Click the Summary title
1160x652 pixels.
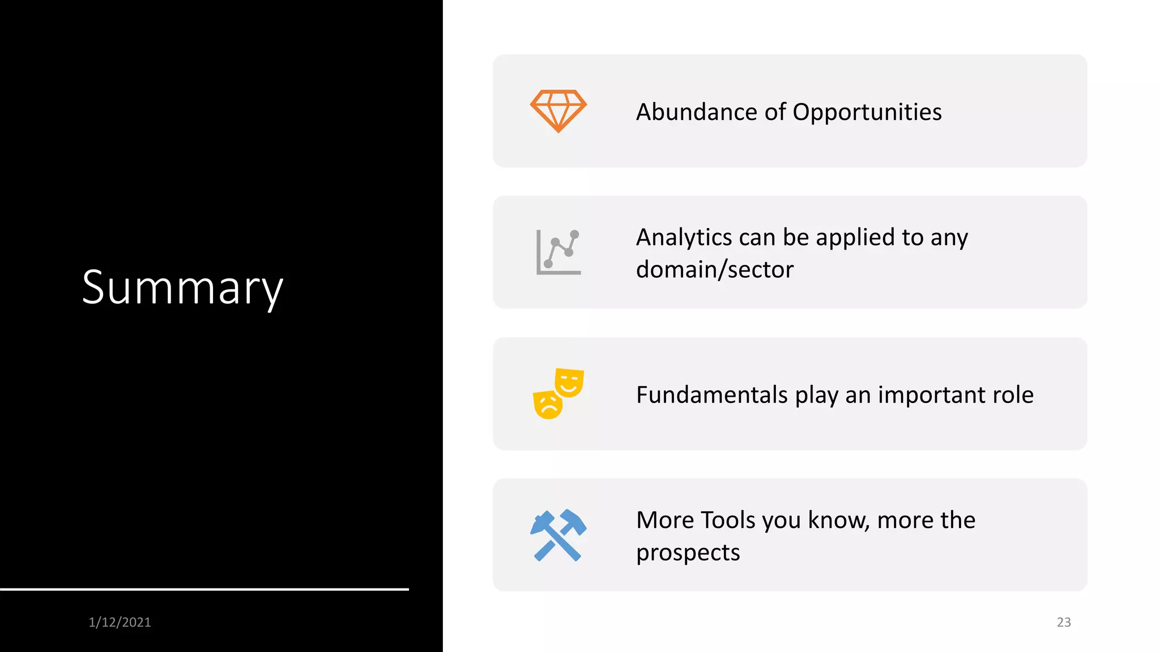[182, 288]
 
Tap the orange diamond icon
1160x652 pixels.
[558, 110]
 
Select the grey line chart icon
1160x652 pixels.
[558, 252]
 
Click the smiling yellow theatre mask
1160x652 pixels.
[569, 382]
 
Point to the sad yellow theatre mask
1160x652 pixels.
[548, 405]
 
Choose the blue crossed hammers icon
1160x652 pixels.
[558, 535]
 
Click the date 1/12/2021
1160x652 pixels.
[120, 622]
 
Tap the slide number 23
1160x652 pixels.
[1064, 622]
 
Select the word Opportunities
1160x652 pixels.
[867, 113]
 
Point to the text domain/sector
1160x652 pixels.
[715, 269]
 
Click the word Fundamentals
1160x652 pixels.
[711, 394]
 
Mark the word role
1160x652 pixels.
[1013, 394]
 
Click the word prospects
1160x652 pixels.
[688, 553]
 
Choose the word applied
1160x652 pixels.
[855, 238]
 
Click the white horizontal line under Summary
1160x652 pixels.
[204, 589]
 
